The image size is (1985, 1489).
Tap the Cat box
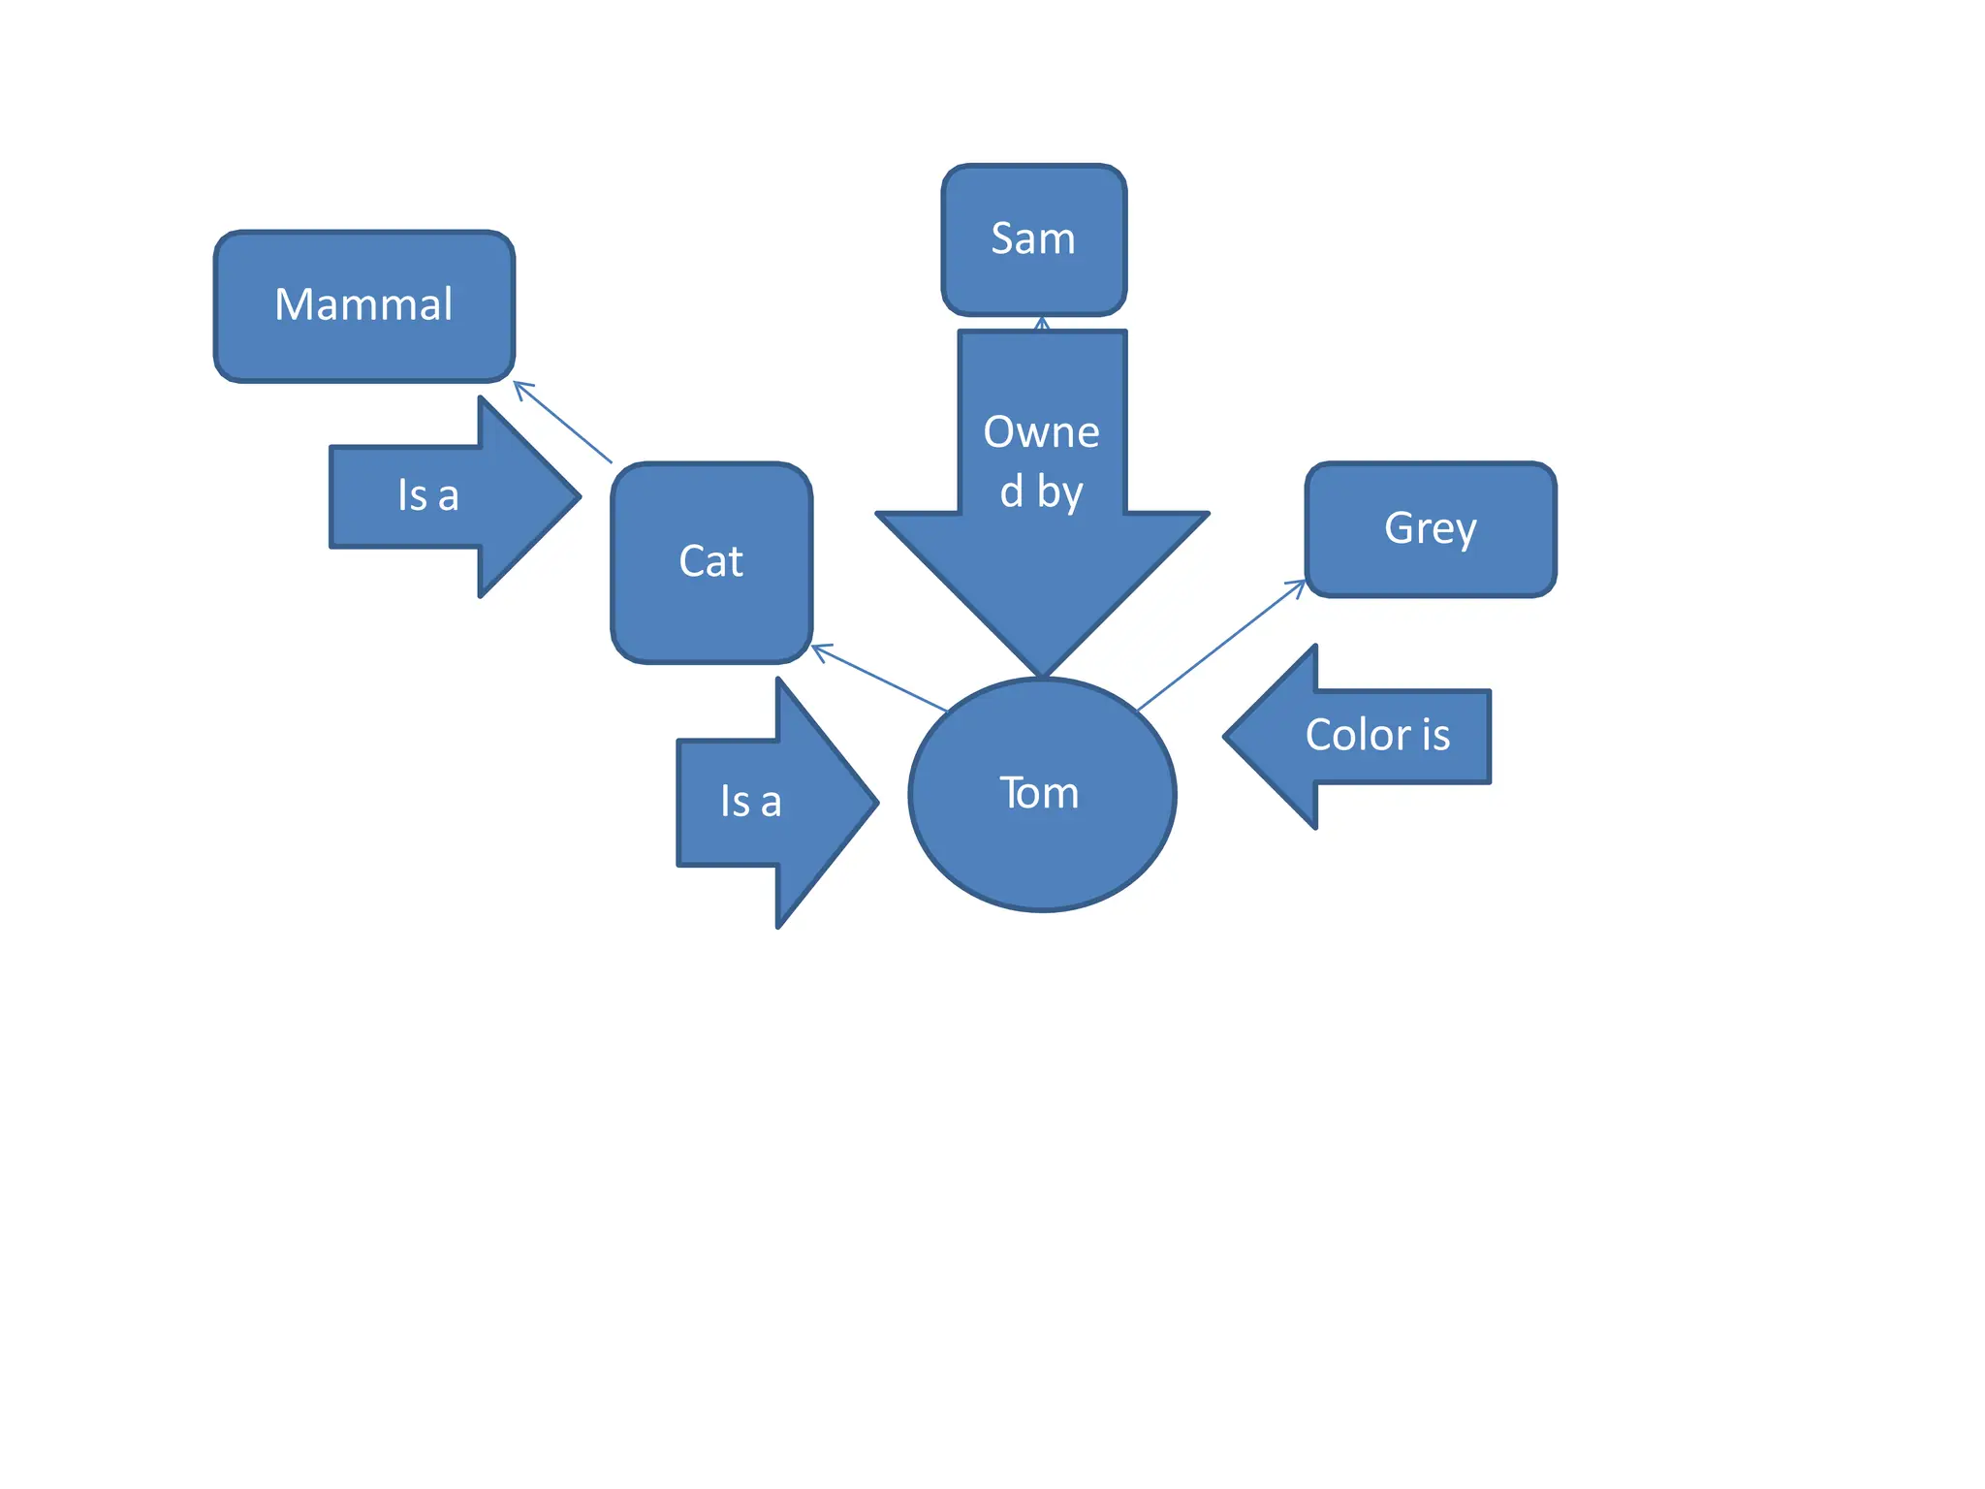pyautogui.click(x=710, y=611)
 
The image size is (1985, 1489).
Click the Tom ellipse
pyautogui.click(x=1042, y=853)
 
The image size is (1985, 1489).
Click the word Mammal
pyautogui.click(x=363, y=304)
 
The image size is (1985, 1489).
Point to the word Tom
pyautogui.click(x=1039, y=793)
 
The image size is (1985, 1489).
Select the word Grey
pyautogui.click(x=1430, y=528)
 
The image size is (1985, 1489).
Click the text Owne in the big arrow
pyautogui.click(x=1041, y=432)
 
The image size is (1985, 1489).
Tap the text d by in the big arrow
pyautogui.click(x=1041, y=491)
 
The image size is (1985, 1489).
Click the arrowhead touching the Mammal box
pyautogui.click(x=519, y=386)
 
